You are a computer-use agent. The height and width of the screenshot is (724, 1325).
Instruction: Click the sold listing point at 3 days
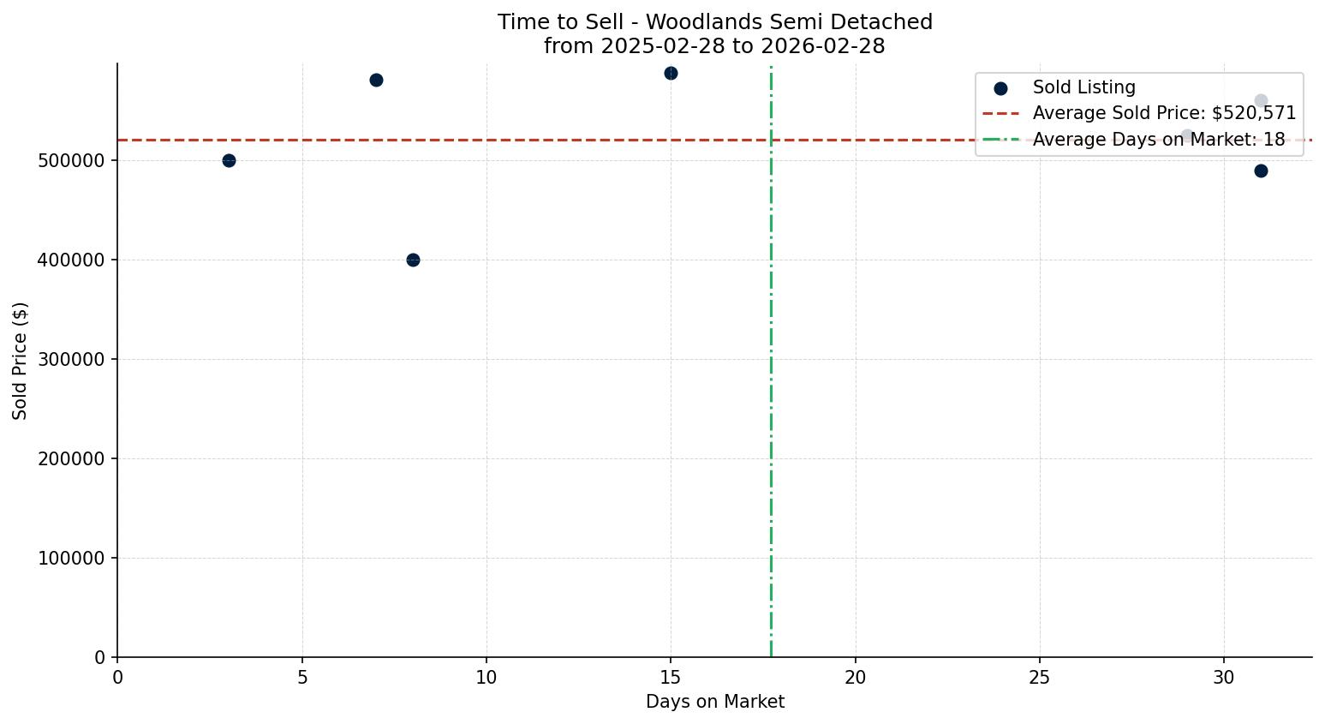point(229,160)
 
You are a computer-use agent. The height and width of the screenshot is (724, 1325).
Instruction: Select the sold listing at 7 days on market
point(376,80)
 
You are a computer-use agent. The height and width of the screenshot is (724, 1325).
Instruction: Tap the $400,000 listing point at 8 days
point(413,260)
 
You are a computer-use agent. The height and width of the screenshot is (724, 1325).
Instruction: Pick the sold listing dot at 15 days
point(671,73)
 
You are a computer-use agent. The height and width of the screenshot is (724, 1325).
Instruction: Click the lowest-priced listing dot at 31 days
point(1261,171)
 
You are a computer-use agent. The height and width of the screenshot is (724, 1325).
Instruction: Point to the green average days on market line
point(771,386)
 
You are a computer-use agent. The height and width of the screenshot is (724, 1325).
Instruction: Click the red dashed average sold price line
point(514,140)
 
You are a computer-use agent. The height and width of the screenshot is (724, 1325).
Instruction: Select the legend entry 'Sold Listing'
point(1083,87)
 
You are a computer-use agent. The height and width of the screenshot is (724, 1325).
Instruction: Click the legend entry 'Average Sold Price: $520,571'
point(1164,113)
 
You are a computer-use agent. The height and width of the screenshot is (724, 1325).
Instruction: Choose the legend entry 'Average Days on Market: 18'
point(1158,140)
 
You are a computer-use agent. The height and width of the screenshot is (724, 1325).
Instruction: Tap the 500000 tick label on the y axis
point(71,161)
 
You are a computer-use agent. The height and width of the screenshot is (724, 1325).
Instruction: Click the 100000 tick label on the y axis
point(71,559)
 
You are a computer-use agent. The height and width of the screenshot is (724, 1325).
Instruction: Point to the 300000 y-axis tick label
point(71,360)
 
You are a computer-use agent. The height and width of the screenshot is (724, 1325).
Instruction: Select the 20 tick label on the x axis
point(855,678)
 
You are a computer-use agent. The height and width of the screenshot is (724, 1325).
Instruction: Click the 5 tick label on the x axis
point(302,678)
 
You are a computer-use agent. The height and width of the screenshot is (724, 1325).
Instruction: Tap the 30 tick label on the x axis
point(1224,678)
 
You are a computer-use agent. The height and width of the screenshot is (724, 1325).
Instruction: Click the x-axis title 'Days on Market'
point(714,702)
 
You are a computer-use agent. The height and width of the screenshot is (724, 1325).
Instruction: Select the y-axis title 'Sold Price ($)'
point(20,361)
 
